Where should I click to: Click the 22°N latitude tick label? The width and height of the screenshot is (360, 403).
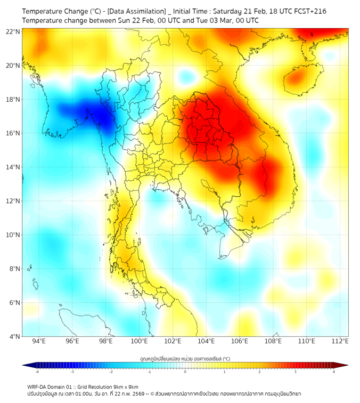[x=13, y=31]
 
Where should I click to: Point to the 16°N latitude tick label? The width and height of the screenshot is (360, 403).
[x=13, y=133]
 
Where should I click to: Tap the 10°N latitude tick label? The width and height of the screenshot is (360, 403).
[x=13, y=235]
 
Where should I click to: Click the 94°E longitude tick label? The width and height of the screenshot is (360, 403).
[x=39, y=342]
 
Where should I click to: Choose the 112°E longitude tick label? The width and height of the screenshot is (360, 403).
[x=340, y=342]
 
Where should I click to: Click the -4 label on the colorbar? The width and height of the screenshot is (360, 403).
[x=36, y=372]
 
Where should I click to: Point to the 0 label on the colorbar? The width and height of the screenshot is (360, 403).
[x=185, y=372]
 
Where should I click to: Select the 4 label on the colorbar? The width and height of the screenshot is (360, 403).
[x=334, y=372]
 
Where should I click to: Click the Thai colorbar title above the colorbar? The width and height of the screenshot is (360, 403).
[x=185, y=359]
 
